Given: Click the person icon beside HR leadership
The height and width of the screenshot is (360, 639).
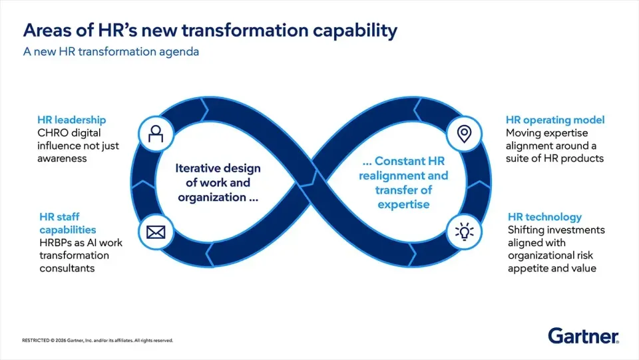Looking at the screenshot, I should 156,133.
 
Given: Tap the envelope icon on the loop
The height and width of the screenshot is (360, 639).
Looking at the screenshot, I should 156,233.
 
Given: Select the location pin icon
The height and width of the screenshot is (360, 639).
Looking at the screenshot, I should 464,133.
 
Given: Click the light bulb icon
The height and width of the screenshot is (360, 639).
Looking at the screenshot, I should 464,232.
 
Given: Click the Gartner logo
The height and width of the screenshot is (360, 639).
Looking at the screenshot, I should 583,336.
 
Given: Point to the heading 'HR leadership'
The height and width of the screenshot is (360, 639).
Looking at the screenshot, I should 71,120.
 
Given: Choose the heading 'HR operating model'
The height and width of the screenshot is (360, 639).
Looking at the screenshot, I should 555,120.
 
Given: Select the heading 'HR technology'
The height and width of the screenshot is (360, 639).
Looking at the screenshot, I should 544,217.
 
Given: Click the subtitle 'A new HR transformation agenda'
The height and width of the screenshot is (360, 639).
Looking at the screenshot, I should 110,52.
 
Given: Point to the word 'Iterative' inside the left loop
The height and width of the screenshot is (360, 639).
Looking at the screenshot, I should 198,168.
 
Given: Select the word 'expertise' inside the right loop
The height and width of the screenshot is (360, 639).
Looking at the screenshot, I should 403,204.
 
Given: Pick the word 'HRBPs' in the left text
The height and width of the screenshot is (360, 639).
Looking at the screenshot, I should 54,243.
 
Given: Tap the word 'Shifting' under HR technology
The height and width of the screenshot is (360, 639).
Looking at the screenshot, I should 527,230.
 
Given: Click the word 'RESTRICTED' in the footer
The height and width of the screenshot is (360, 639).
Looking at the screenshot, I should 35,340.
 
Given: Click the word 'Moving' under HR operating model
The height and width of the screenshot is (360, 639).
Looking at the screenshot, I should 524,133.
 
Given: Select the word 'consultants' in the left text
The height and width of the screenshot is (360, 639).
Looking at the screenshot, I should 67,268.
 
